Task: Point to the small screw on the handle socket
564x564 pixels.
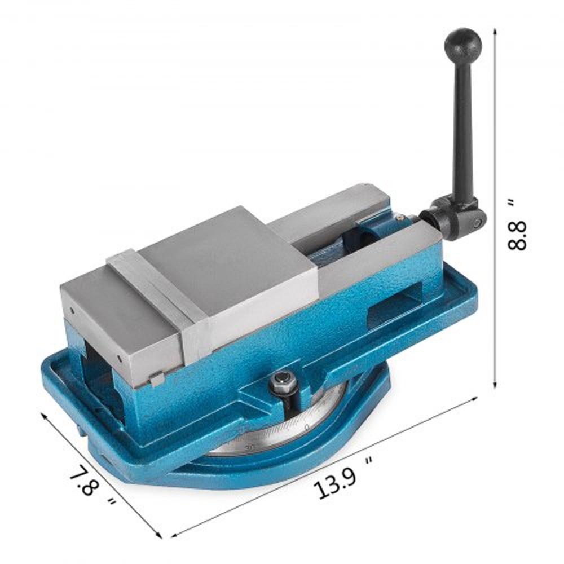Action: click(x=478, y=222)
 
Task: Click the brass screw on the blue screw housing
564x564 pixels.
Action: click(x=400, y=216)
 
